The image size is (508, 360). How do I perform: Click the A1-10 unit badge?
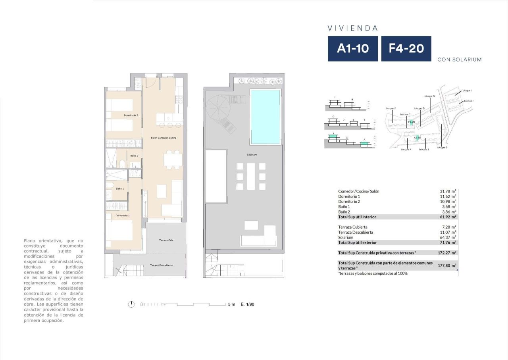click(x=352, y=48)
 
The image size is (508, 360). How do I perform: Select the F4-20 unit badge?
click(x=406, y=48)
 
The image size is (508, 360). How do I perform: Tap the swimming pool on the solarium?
click(x=265, y=117)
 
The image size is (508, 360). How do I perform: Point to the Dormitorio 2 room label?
click(x=131, y=115)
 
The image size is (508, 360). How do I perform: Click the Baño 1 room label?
click(x=119, y=189)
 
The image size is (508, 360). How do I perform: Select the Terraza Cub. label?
click(x=166, y=241)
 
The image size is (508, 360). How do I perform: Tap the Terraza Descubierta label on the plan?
click(x=161, y=265)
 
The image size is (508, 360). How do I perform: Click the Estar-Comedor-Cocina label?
click(x=164, y=138)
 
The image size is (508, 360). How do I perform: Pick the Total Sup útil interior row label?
click(x=357, y=217)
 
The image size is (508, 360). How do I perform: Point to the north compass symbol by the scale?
click(x=131, y=304)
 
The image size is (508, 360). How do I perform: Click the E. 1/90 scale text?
click(x=247, y=304)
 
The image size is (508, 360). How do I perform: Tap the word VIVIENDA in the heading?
click(x=352, y=28)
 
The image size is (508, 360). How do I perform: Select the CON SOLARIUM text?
click(x=459, y=60)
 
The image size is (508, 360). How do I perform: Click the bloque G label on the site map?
click(x=429, y=96)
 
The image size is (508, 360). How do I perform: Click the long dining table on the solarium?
click(x=251, y=176)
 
